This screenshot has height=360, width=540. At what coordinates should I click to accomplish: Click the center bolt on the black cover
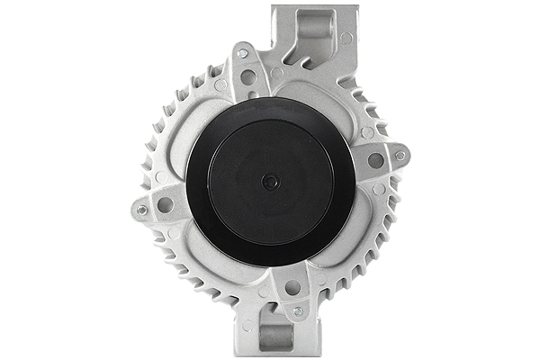pyautogui.click(x=267, y=181)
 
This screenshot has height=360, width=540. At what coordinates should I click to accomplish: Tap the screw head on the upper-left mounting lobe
pyautogui.click(x=242, y=53)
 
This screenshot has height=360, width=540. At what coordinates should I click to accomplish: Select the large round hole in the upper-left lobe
pyautogui.click(x=247, y=77)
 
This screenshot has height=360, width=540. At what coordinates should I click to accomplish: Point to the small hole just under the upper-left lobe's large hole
pyautogui.click(x=253, y=94)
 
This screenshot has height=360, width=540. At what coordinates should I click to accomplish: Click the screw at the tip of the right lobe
pyautogui.click(x=400, y=155)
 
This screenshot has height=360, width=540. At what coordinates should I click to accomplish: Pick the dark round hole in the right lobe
pyautogui.click(x=375, y=160)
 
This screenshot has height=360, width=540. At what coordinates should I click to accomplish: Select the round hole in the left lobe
pyautogui.click(x=166, y=204)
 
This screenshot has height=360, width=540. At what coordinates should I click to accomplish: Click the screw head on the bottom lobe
pyautogui.click(x=298, y=310)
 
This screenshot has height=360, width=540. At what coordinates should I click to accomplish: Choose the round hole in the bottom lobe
pyautogui.click(x=292, y=287)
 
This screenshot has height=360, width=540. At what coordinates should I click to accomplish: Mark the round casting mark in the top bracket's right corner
pyautogui.click(x=346, y=38)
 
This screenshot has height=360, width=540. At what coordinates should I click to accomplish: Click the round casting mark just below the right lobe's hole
pyautogui.click(x=379, y=189)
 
